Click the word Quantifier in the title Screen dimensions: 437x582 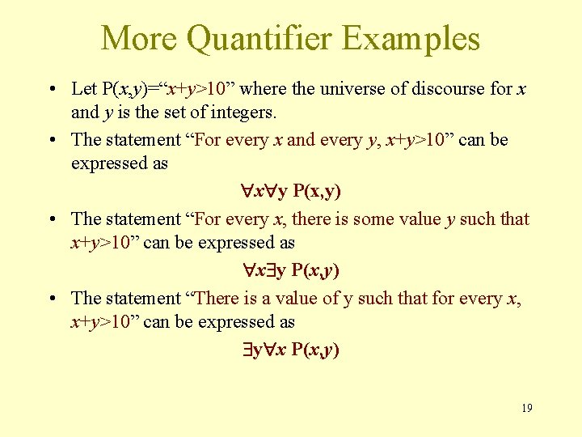265,38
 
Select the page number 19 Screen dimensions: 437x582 526,408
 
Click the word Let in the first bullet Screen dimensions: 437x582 84,88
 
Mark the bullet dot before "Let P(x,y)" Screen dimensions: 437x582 51,89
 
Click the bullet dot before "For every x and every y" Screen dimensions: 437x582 51,140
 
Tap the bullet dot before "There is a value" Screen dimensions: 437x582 51,299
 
